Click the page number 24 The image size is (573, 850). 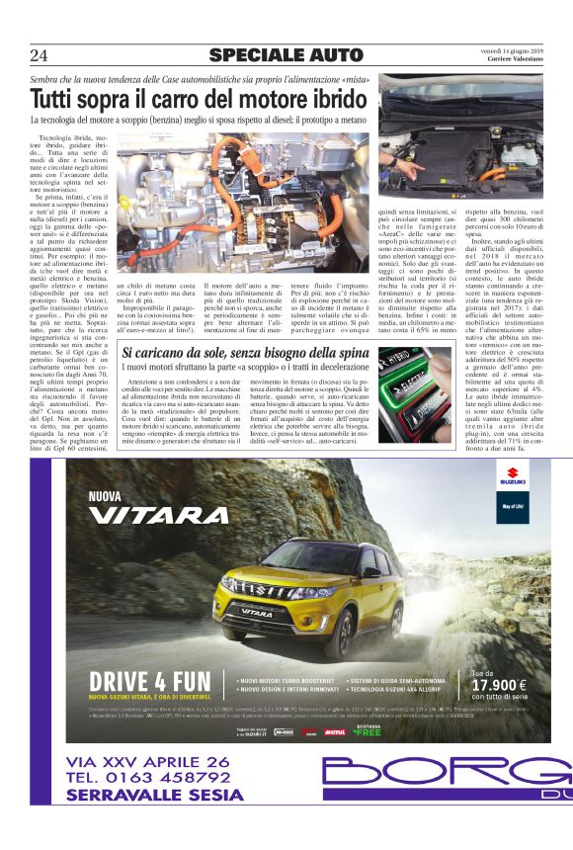click(40, 55)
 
